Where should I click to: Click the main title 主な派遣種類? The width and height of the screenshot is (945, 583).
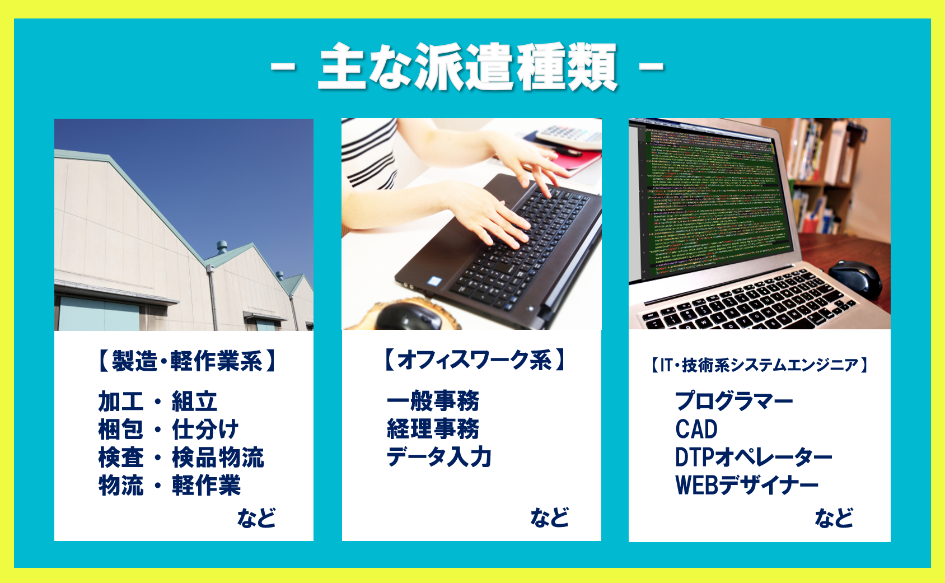[467, 66]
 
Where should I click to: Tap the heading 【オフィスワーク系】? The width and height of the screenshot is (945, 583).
[474, 360]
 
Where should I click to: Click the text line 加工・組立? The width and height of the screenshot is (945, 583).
[158, 401]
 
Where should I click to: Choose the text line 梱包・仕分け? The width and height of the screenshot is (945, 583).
[169, 430]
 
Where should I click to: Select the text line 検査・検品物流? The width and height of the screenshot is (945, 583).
[181, 458]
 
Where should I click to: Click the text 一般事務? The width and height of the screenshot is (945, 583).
[433, 400]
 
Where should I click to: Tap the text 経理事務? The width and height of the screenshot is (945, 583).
[433, 429]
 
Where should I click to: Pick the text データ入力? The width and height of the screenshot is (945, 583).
[439, 457]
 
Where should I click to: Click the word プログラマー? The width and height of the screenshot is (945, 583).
[734, 400]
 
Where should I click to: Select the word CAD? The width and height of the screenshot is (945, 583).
[696, 430]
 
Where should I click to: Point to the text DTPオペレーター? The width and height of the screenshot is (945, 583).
[754, 457]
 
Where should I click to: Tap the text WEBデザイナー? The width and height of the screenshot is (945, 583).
[747, 485]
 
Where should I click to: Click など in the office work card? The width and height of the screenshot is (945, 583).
[550, 517]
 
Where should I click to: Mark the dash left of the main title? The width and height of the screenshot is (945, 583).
[283, 66]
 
